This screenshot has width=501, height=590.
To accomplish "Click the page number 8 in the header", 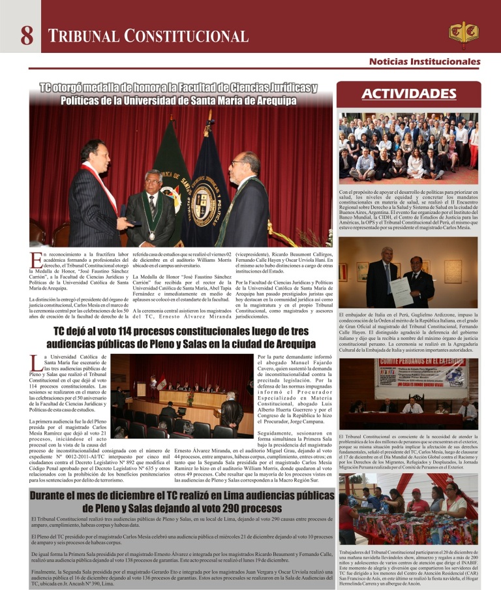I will pyautogui.click(x=27, y=35).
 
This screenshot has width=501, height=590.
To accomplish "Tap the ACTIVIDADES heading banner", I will pyautogui.click(x=409, y=93).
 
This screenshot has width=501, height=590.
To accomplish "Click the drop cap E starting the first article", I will pyautogui.click(x=35, y=259).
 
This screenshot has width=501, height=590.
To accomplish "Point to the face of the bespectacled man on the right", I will pyautogui.click(x=241, y=164).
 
